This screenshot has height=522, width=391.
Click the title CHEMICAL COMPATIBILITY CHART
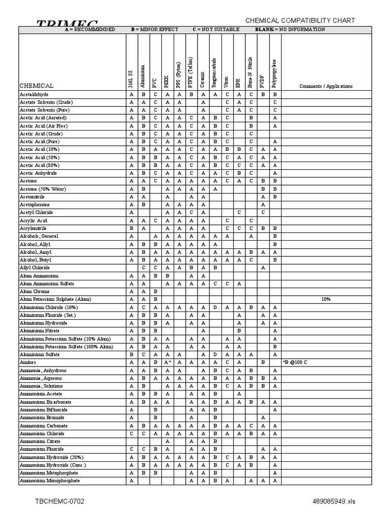(300, 20)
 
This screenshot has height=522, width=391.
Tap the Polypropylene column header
(274, 69)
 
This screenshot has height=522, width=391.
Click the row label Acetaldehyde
(34, 94)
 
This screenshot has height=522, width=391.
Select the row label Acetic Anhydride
(39, 173)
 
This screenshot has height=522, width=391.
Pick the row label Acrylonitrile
(34, 228)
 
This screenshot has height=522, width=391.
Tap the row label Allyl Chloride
(35, 268)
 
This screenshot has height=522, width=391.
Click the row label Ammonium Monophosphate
(49, 481)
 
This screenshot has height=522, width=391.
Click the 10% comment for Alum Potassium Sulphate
(326, 299)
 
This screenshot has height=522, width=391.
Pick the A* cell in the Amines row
(167, 362)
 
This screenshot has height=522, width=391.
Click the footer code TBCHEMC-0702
(60, 502)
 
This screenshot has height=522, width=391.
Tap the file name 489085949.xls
(334, 502)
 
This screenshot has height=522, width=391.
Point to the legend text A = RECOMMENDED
(90, 30)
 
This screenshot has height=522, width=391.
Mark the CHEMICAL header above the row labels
(36, 86)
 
